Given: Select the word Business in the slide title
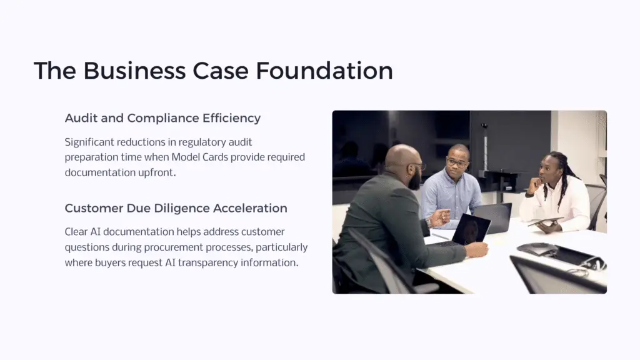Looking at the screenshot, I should click(135, 71).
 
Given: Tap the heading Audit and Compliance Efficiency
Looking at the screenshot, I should click(162, 118).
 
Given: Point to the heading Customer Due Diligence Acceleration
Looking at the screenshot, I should click(176, 208).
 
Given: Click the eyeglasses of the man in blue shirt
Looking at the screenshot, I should click(457, 162).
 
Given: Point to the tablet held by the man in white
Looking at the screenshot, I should click(545, 221).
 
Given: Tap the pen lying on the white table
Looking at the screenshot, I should click(440, 236).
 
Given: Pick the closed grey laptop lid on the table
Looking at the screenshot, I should click(494, 216).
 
